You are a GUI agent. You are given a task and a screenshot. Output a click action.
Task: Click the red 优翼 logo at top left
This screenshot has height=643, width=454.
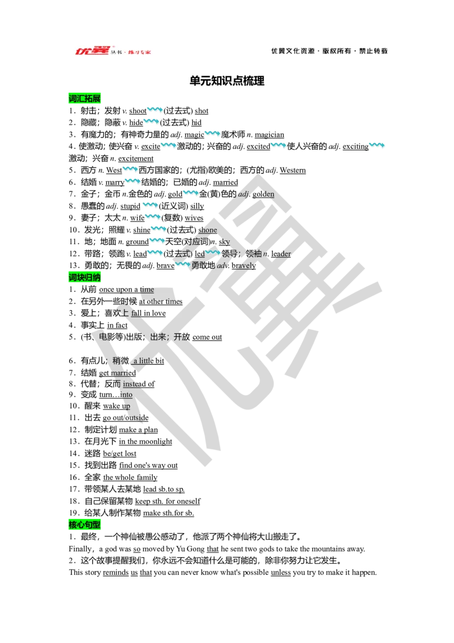(93, 51)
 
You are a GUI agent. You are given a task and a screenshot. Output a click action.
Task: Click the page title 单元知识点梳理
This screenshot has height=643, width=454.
(227, 81)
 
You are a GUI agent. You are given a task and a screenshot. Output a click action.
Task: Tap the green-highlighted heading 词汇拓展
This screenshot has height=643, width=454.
(85, 98)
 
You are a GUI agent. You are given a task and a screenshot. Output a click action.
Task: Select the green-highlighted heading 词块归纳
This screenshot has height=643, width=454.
(85, 278)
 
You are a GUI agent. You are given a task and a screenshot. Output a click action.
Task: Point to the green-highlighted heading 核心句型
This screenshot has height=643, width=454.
(85, 525)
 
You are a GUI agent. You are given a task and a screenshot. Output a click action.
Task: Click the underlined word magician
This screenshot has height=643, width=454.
(269, 135)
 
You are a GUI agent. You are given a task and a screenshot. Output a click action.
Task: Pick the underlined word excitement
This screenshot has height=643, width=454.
(136, 158)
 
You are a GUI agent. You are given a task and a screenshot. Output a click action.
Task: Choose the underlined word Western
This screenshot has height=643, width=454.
(293, 170)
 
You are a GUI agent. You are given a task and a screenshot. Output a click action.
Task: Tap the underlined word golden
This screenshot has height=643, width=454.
(263, 194)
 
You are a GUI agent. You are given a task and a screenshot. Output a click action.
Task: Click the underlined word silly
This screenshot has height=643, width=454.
(197, 206)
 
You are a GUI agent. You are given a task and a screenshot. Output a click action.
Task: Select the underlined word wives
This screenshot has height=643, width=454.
(194, 218)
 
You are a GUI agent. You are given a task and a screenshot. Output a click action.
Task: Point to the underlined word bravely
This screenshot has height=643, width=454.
(243, 265)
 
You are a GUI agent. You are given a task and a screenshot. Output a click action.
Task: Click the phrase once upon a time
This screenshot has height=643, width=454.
(127, 290)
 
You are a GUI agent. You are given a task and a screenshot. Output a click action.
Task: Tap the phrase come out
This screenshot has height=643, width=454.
(207, 337)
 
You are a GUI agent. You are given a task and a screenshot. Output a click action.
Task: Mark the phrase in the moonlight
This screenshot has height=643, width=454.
(145, 441)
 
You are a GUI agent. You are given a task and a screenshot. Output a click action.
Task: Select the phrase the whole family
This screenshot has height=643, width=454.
(131, 477)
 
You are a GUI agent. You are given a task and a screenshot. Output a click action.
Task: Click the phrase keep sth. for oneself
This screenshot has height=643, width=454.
(167, 501)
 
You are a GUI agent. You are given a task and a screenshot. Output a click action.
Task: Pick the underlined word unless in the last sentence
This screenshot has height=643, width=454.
(281, 573)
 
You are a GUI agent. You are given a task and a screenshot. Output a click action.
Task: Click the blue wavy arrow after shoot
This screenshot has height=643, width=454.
(155, 110)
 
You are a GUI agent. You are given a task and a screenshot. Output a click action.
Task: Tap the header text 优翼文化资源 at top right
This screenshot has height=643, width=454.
(293, 51)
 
